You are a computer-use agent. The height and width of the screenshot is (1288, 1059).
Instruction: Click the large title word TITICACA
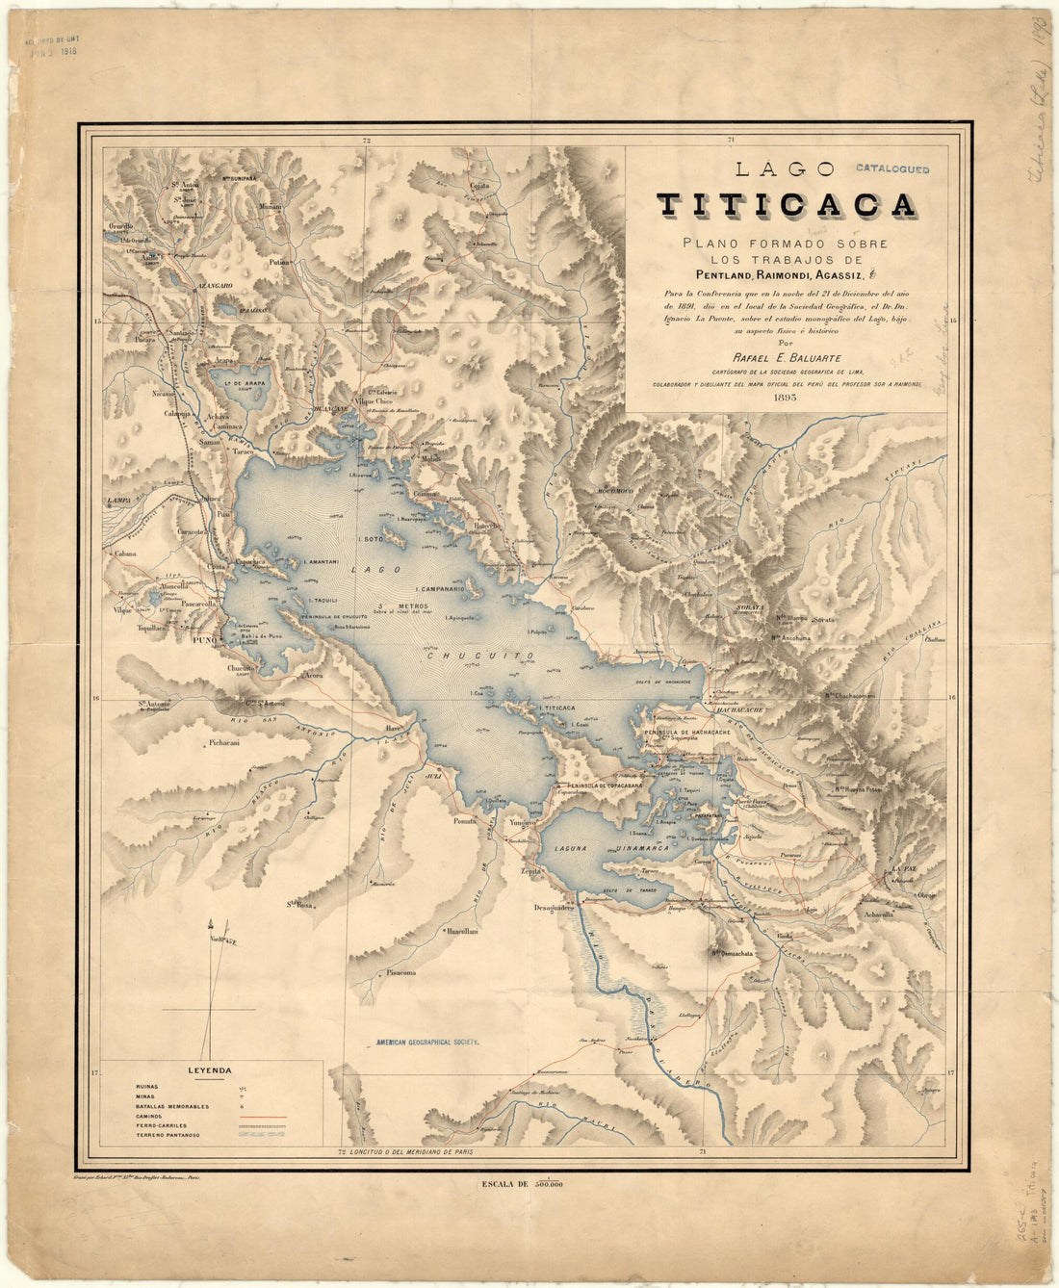coord(786,206)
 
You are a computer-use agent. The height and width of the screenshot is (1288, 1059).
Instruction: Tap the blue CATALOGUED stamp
coord(891,169)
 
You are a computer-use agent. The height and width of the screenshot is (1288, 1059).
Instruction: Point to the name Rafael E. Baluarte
coord(787,358)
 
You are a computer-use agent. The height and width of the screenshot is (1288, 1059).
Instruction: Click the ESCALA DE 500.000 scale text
coord(519,1185)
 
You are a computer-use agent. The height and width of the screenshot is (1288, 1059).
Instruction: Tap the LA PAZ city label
coord(904,869)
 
